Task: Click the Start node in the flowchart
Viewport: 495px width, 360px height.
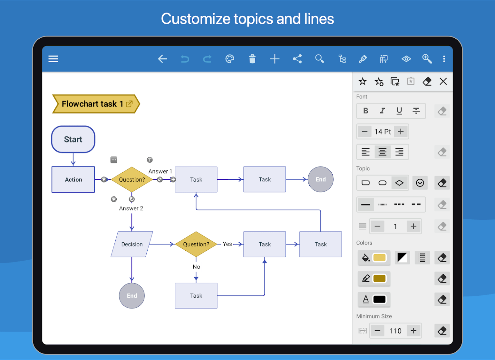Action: coord(73,139)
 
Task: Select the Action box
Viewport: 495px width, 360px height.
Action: coord(73,180)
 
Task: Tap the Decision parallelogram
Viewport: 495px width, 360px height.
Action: coord(132,244)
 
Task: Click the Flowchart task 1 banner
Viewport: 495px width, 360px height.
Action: coord(96,104)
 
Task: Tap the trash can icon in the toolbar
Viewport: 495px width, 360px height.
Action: coord(252,59)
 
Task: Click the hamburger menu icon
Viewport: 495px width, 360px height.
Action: coord(53,59)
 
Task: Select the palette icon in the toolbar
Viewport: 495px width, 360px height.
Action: coord(229,59)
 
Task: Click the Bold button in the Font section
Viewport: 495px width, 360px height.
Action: coord(366,111)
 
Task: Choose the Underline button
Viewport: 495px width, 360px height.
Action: coord(399,111)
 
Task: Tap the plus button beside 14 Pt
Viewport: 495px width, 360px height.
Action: coord(401,132)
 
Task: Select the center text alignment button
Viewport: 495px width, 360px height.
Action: coord(382,152)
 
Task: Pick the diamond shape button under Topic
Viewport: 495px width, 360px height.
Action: coord(399,183)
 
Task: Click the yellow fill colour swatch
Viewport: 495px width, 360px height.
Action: coord(379,258)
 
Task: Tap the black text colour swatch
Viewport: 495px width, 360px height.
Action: coord(379,299)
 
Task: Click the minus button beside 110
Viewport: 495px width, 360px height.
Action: coord(377,331)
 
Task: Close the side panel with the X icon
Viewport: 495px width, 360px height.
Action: coord(443,81)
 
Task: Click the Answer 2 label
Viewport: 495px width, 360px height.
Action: coord(131,208)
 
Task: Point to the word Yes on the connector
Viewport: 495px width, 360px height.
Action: coord(228,244)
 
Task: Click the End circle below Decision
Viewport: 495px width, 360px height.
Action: coord(132,296)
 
